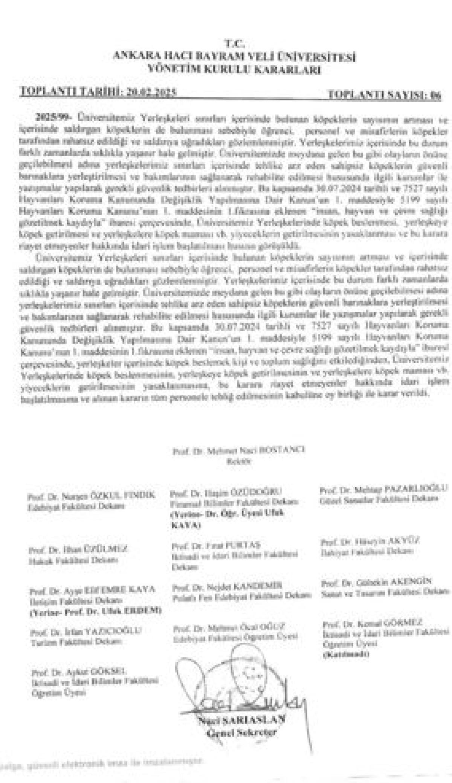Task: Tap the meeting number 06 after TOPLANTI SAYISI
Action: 436,95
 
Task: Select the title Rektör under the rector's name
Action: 238,461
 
